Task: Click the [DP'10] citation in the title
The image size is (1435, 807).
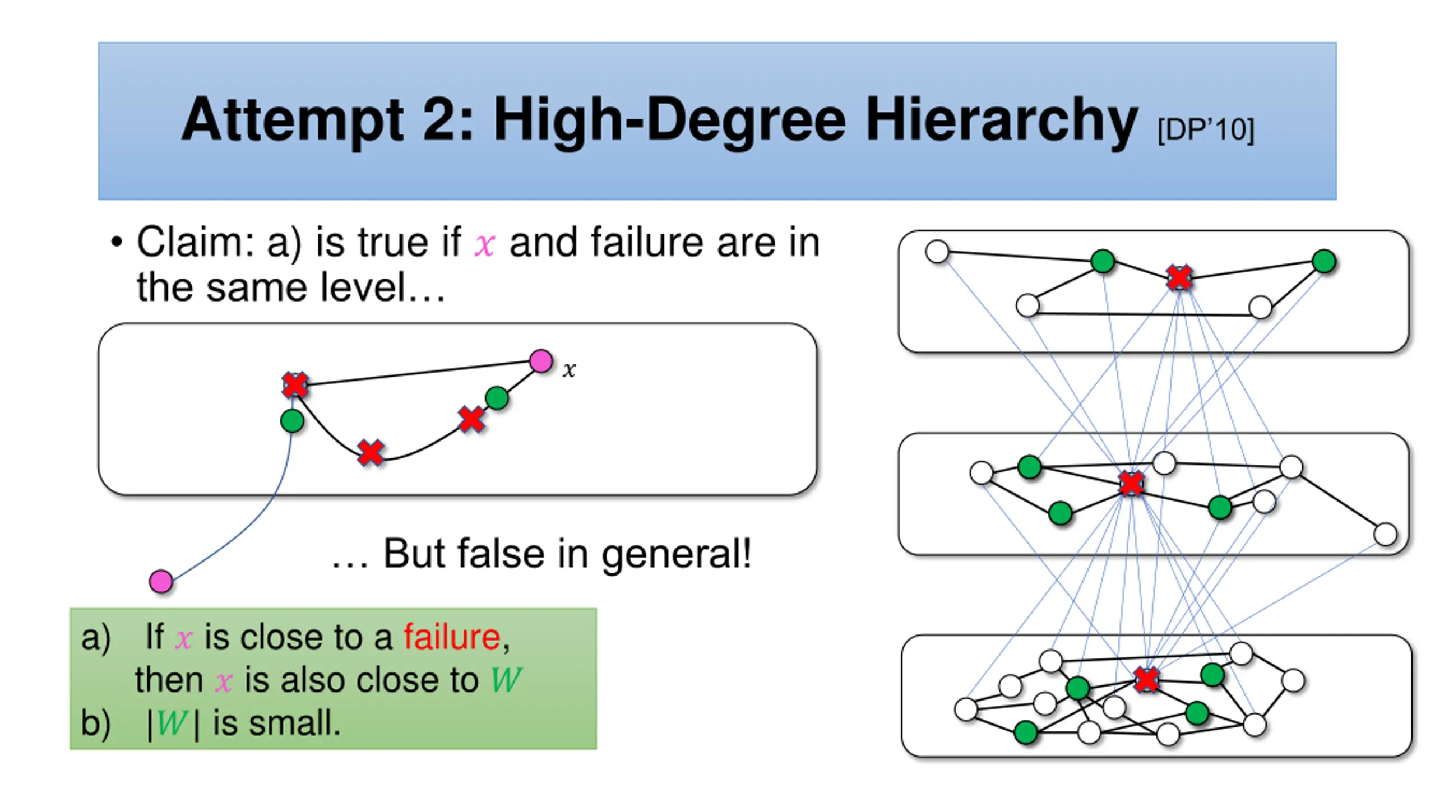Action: pyautogui.click(x=1205, y=130)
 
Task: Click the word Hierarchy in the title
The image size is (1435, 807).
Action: pyautogui.click(x=1001, y=120)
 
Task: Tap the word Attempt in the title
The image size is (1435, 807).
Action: pyautogui.click(x=292, y=120)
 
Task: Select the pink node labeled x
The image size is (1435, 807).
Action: pyautogui.click(x=541, y=361)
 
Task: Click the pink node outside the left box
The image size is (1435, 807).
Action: pyautogui.click(x=161, y=581)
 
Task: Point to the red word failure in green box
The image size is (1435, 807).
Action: pyautogui.click(x=452, y=637)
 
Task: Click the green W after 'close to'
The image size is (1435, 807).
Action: pyautogui.click(x=506, y=680)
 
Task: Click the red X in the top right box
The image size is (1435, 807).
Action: pyautogui.click(x=1179, y=277)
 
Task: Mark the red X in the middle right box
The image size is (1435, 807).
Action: pyautogui.click(x=1131, y=483)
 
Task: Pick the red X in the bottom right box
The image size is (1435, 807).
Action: pyautogui.click(x=1146, y=679)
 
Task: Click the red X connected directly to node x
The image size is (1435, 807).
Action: pyautogui.click(x=295, y=384)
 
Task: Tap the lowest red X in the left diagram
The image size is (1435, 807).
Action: pyautogui.click(x=371, y=452)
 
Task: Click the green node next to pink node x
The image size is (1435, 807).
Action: pyautogui.click(x=497, y=398)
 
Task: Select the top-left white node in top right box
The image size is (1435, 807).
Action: pyautogui.click(x=937, y=252)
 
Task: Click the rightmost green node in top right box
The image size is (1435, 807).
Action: pyautogui.click(x=1324, y=261)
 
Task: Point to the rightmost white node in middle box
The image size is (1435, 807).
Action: pyautogui.click(x=1386, y=534)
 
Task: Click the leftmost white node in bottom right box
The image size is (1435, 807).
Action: pyautogui.click(x=966, y=709)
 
